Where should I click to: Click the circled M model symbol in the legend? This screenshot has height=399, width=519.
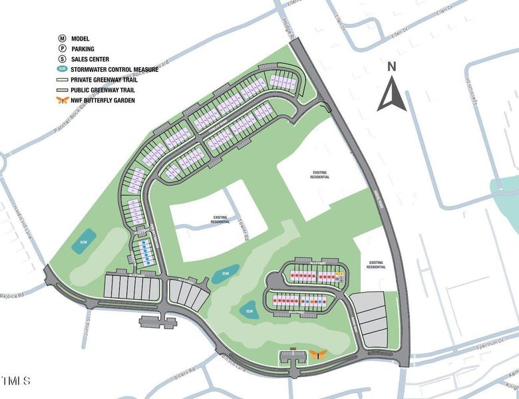pos(61,39)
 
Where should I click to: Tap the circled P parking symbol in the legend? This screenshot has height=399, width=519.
pos(61,49)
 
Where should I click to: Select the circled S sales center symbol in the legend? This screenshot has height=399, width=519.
pos(61,59)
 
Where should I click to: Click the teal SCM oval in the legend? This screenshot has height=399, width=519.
pos(61,68)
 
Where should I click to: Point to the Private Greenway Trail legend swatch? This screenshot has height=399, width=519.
pos(61,79)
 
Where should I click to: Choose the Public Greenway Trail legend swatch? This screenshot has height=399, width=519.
pos(61,89)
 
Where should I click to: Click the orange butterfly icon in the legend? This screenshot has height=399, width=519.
pos(61,100)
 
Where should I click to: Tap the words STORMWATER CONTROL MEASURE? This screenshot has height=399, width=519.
pos(115,68)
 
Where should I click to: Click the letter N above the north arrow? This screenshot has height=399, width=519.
pos(392,66)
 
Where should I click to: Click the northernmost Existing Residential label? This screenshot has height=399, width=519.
pos(321,175)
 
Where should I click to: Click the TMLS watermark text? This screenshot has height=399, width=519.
pos(15,382)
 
